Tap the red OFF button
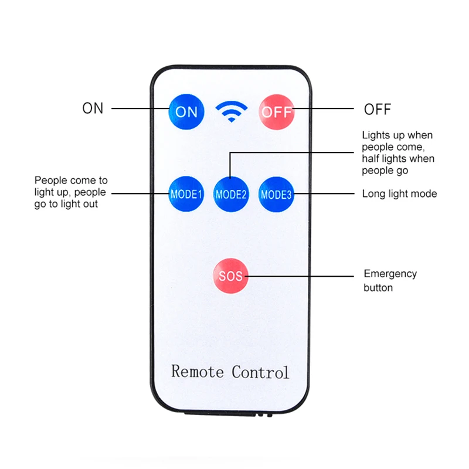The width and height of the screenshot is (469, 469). coord(276,112)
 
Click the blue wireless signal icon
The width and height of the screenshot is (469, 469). coord(232,111)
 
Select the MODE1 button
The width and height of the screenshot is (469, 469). coord(186,194)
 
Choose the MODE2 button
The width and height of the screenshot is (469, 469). coord(231,195)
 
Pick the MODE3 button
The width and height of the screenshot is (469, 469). coord(276,195)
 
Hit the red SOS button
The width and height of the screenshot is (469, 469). coord(230,276)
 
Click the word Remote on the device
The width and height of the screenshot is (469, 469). coord(198,372)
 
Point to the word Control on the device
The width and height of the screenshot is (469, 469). coord(260,372)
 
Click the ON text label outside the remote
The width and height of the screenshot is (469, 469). coord(93,108)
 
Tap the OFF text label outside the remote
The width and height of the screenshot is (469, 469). coord(378,110)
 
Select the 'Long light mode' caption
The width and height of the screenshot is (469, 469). coord(400,194)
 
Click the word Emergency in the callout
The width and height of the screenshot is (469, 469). coord(390,274)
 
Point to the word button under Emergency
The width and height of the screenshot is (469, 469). coord(378,288)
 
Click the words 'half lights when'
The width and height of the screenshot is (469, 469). coord(398,158)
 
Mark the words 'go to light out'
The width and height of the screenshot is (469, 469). coord(66,204)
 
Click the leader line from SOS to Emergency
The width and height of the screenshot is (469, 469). coord(300,276)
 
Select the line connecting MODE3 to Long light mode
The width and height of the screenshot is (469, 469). coord(324,194)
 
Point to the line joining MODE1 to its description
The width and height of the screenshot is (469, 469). coord(140,193)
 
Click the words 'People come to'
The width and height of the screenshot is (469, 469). coord(71,181)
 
